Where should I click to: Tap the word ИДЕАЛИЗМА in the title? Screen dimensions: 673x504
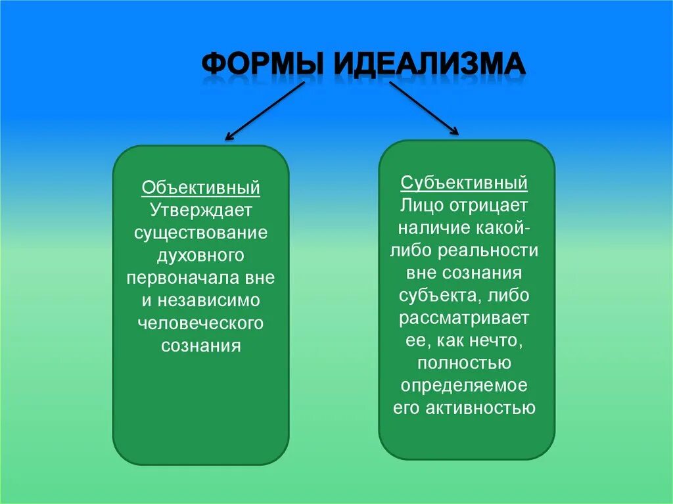coord(430,66)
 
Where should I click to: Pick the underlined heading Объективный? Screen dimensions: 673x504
coord(201,189)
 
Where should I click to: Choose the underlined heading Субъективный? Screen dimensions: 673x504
coord(465,182)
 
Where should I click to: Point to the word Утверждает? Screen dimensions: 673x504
coord(201,211)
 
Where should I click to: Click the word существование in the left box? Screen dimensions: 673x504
coord(201,233)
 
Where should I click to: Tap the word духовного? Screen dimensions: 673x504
coord(201,256)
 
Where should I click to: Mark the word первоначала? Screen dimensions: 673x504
coord(182,278)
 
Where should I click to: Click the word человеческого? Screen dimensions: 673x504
coord(201,323)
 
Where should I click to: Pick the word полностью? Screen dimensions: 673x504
coord(465,363)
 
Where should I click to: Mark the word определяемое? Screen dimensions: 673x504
coord(465,386)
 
